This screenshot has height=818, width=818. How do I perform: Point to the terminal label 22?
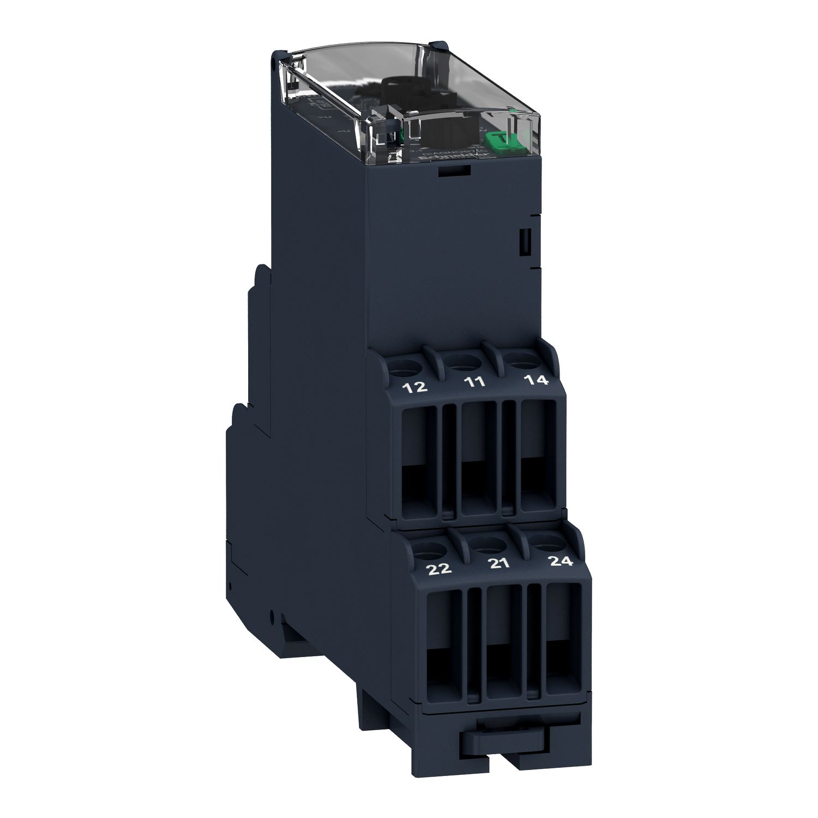[440, 569]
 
